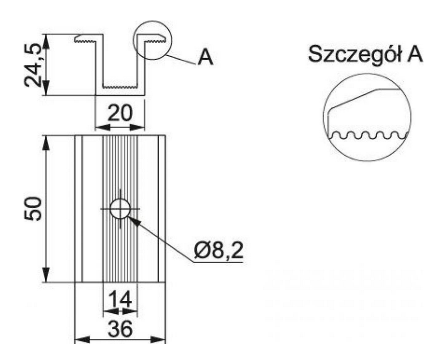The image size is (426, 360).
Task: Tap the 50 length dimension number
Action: pyautogui.click(x=34, y=208)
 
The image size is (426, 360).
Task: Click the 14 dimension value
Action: pyautogui.click(x=120, y=300)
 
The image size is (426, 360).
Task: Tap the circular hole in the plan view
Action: pyautogui.click(x=121, y=208)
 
